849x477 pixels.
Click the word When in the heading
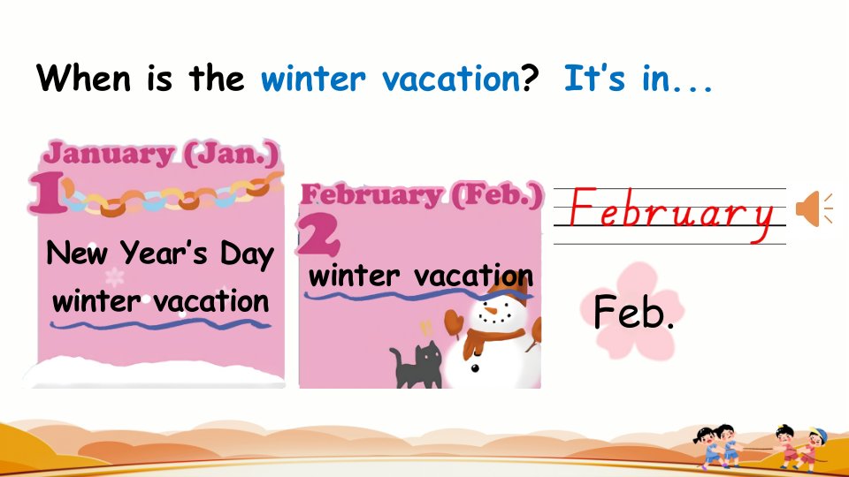(83, 78)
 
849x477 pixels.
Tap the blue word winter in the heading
(313, 79)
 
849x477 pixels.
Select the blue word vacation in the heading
(452, 79)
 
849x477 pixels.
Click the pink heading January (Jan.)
(161, 154)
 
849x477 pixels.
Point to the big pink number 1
(48, 193)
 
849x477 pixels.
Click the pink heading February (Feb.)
(421, 194)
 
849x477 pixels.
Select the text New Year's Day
(160, 254)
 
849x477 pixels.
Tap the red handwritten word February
(671, 214)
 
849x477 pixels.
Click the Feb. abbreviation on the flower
(633, 312)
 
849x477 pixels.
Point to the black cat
(417, 365)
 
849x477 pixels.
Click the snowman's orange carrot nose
(490, 311)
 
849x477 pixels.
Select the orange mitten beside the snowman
(455, 322)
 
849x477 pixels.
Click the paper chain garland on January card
(173, 196)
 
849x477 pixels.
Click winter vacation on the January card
(161, 300)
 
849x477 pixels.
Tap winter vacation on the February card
(421, 276)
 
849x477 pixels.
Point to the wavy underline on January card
(160, 324)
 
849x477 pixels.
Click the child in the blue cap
(812, 447)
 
